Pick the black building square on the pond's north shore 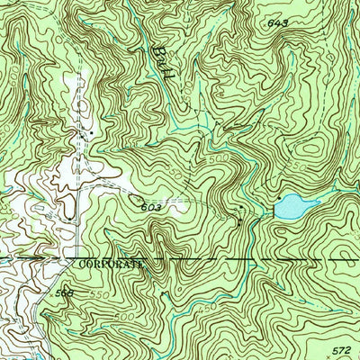pyautogui.click(x=280, y=196)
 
